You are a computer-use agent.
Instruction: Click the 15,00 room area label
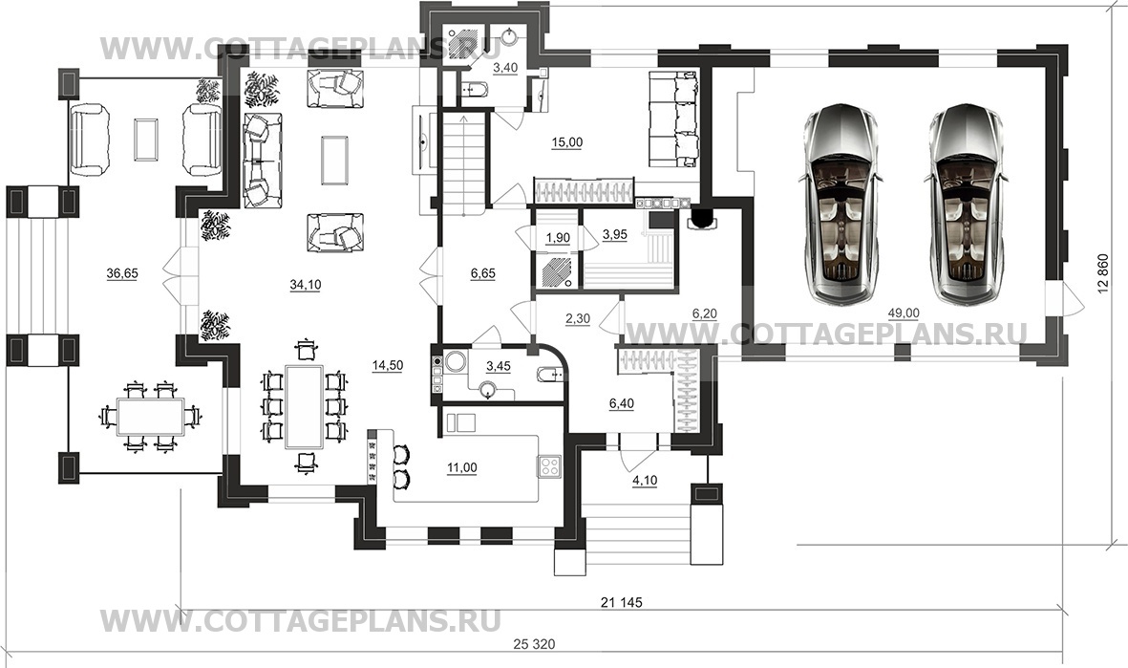coord(566,142)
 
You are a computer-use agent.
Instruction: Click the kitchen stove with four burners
coord(550,466)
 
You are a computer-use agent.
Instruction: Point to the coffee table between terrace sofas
coord(146,140)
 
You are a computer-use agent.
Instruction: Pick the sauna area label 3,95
coord(615,235)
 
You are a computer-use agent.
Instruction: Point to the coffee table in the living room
coord(334,158)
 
